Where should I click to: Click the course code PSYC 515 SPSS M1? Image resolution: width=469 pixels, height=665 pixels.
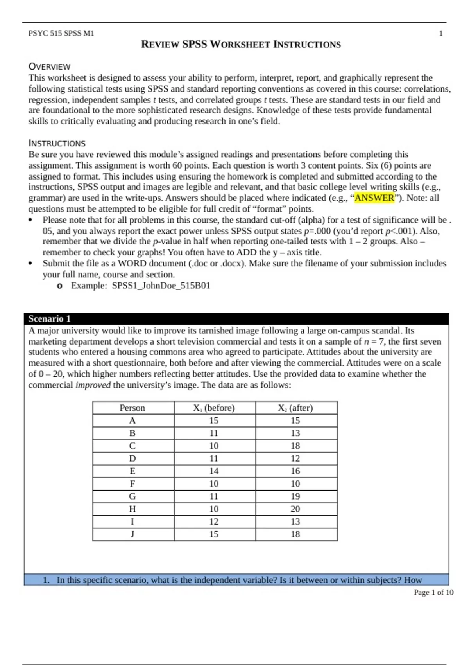point(61,33)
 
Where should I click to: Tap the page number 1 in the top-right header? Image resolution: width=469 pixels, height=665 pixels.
point(441,33)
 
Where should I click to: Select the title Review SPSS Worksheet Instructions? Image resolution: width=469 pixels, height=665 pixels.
point(241,44)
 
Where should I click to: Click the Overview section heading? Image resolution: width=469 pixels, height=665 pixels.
point(49,66)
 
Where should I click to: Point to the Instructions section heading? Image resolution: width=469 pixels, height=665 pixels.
point(57,143)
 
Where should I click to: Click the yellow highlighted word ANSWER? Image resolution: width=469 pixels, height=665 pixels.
point(374,198)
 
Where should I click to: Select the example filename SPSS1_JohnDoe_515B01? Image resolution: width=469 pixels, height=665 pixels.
point(161,286)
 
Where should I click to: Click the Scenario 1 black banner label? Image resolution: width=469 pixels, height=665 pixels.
point(49,319)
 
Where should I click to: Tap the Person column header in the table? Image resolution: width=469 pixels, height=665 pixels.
point(132,408)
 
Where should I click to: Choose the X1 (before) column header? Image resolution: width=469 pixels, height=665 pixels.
point(214,408)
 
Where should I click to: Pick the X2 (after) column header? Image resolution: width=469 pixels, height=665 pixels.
point(295,408)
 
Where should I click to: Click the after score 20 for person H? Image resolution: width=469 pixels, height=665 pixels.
point(295,509)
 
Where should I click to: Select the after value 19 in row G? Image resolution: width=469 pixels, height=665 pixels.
point(295,496)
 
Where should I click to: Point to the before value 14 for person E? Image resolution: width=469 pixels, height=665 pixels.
point(214,471)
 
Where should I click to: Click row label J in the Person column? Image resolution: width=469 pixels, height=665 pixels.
point(132,534)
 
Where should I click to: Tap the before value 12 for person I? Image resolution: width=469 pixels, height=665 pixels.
point(214,521)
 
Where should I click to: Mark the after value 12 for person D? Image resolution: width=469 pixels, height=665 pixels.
point(295,458)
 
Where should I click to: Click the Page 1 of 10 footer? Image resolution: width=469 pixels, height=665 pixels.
point(433,593)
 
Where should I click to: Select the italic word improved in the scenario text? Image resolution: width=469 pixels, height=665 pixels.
point(93,385)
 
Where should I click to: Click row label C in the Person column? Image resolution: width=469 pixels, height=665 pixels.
point(132,446)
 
